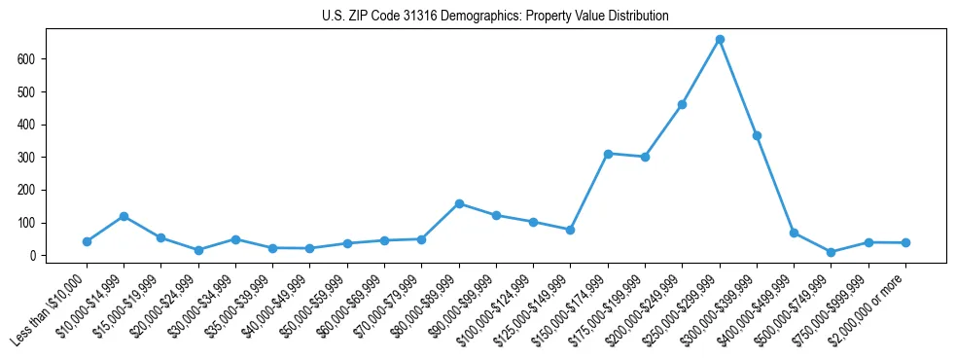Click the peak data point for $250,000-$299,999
[720, 40]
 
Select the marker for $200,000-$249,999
[682, 104]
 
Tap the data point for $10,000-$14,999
[124, 216]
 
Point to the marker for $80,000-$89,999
[459, 203]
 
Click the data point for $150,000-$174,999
[608, 154]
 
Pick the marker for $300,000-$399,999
[757, 135]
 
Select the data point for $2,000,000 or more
[905, 242]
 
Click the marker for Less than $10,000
[87, 241]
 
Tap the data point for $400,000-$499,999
[794, 233]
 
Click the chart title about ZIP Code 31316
[495, 17]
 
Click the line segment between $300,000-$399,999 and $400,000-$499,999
[775, 184]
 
